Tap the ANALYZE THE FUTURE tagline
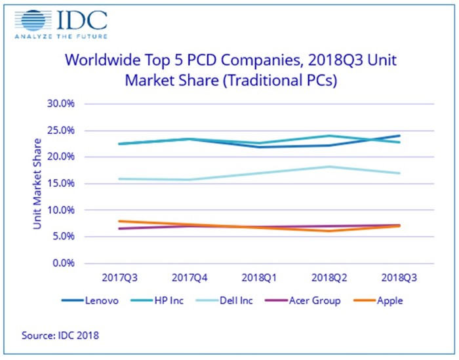62,36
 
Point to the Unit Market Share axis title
37,184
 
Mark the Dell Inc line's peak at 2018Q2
330,167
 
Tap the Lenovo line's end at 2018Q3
399,136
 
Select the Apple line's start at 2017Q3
119,221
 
